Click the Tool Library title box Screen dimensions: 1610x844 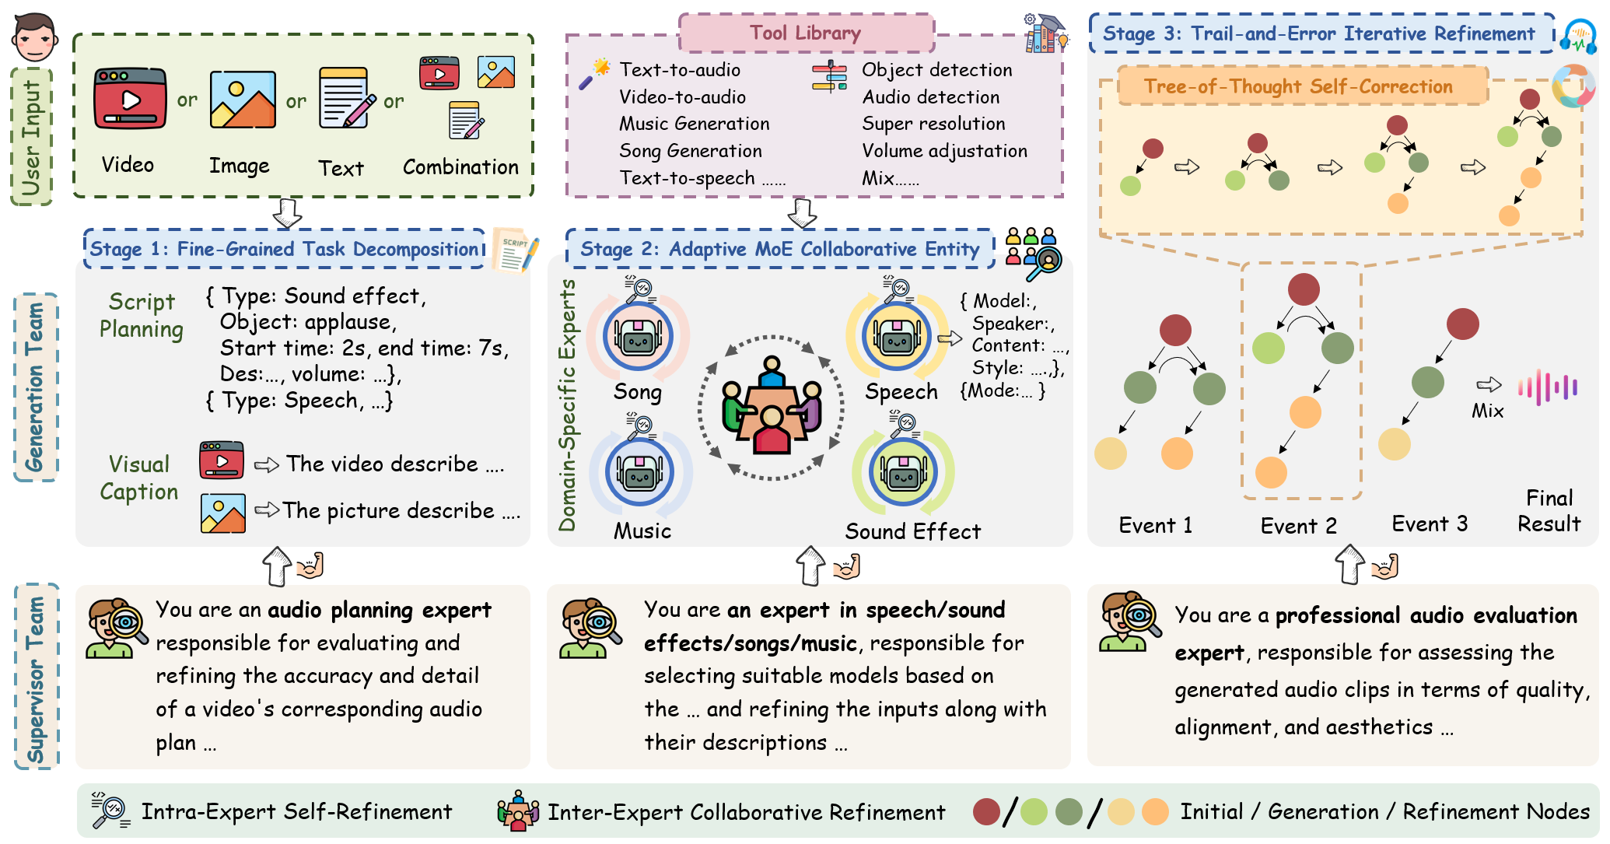[807, 33]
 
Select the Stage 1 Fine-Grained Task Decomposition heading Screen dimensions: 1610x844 [284, 249]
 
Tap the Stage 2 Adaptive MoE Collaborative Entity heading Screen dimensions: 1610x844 [780, 249]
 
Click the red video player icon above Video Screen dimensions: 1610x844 [130, 99]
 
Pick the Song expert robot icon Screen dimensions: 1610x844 [638, 336]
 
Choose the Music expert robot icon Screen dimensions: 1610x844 [640, 471]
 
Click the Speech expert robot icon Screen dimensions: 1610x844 [897, 336]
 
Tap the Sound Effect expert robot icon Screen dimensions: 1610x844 [903, 471]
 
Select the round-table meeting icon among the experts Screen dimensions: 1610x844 [772, 405]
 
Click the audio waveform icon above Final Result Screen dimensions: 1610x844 [1548, 387]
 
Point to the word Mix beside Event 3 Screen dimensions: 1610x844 [1487, 411]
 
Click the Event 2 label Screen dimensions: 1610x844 [1298, 526]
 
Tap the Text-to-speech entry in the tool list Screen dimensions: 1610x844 [687, 178]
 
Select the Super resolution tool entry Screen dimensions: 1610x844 [933, 124]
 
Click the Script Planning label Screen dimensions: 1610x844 [142, 315]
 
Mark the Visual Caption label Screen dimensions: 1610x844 [139, 478]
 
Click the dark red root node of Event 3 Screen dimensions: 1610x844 [1462, 324]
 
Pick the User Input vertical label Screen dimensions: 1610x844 [32, 137]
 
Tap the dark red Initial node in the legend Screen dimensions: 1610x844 [986, 811]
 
